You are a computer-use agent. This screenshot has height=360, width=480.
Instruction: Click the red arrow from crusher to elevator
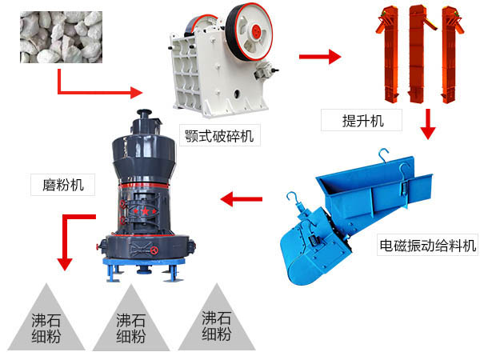pyautogui.click(x=319, y=57)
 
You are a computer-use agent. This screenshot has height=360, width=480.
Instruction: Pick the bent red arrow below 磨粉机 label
pyautogui.click(x=72, y=232)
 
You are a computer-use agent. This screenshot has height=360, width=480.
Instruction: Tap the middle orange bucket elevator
pyautogui.click(x=420, y=52)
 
